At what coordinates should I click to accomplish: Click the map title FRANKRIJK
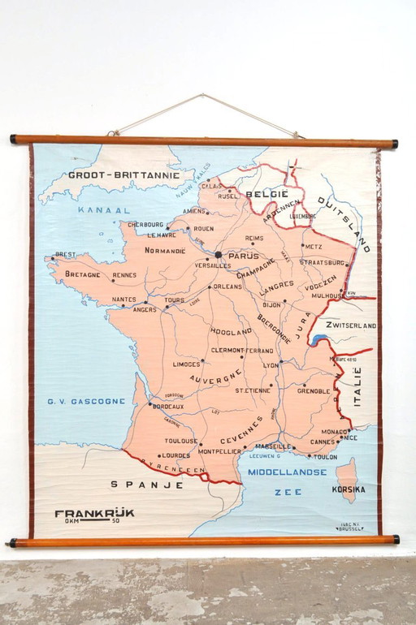click(94, 512)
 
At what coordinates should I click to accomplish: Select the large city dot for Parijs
click(218, 254)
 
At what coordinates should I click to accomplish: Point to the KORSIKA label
click(349, 489)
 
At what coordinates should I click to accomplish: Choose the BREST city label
click(65, 254)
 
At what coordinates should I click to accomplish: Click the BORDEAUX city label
click(167, 406)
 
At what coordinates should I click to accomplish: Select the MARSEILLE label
click(273, 446)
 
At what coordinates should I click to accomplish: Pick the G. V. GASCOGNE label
click(86, 401)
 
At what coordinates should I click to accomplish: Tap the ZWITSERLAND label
click(350, 325)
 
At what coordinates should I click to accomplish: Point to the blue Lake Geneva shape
click(318, 340)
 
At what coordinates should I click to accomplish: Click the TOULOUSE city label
click(181, 441)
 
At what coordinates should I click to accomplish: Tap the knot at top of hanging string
click(203, 95)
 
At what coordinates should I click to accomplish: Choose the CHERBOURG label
click(145, 225)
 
